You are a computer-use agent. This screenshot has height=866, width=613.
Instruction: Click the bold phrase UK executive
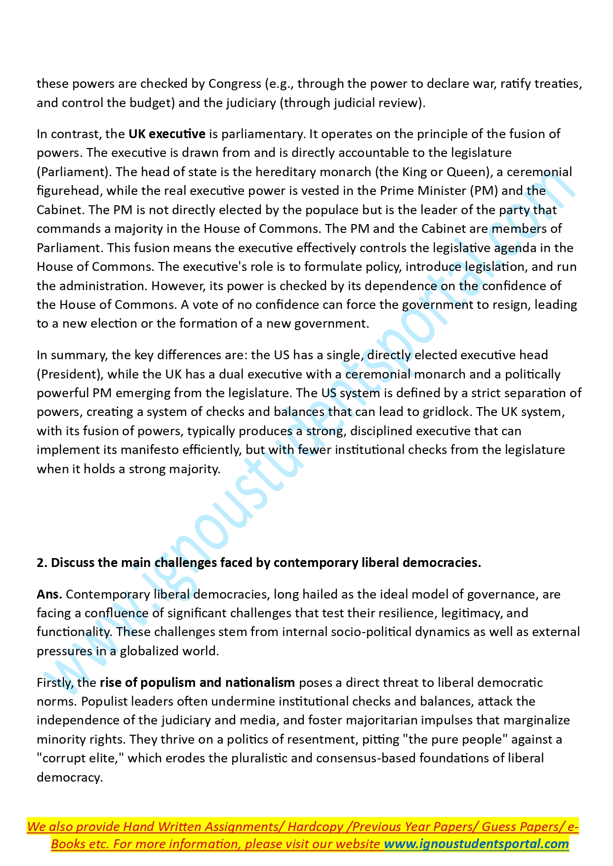pyautogui.click(x=167, y=134)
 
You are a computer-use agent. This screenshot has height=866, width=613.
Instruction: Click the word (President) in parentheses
pyautogui.click(x=69, y=374)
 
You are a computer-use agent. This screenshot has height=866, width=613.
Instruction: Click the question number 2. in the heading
pyautogui.click(x=42, y=563)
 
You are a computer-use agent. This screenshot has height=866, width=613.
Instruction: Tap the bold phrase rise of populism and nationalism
pyautogui.click(x=197, y=682)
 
